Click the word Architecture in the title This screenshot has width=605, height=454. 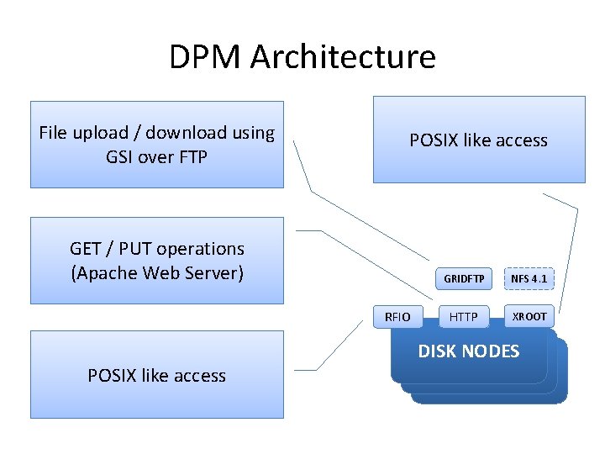pos(343,57)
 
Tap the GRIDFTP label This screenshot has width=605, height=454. pos(464,278)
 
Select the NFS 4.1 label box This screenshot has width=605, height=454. pos(529,278)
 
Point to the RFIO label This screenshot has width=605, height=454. pos(397,317)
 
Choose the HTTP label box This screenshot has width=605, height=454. pos(463,317)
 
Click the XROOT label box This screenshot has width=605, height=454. pos(529,316)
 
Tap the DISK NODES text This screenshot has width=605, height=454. pos(469,351)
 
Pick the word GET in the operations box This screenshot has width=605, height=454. pos(86,249)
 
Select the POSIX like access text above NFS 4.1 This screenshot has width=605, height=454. pos(478,140)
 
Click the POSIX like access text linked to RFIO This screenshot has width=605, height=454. pos(156,376)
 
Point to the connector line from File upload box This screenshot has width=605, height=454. pos(304,168)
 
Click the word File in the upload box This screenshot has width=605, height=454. pos(54,133)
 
